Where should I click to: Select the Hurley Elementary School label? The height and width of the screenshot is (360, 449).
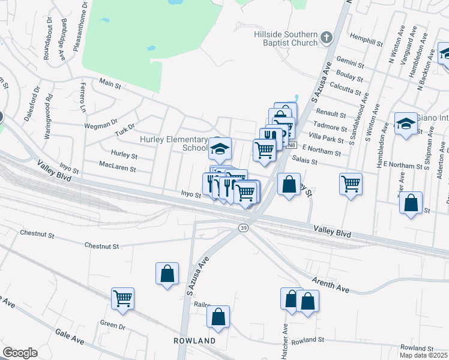[x=173, y=143]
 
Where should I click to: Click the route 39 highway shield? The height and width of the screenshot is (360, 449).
[x=243, y=228]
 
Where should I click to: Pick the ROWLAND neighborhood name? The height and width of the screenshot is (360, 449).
[x=194, y=341]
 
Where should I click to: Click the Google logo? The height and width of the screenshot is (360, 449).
[x=20, y=353]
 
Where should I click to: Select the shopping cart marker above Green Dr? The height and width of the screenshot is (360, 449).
[x=122, y=298]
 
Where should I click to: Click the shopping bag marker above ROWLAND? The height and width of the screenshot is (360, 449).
[x=218, y=316]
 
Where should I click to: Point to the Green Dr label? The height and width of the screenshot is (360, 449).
[x=112, y=326]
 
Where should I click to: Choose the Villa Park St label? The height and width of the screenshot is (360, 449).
[x=328, y=139]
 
